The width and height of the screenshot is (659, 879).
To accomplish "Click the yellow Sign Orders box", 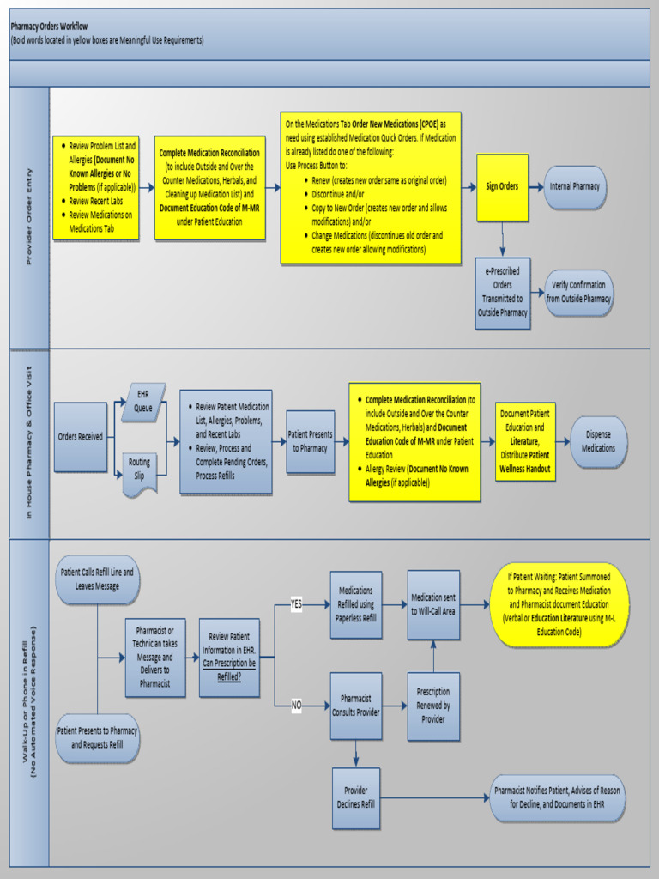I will tap(502, 187).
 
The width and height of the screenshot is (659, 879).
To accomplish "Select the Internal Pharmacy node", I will tap(574, 187).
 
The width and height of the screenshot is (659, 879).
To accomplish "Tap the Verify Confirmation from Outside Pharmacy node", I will tap(579, 293).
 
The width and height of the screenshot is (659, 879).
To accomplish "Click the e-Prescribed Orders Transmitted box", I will tap(503, 293).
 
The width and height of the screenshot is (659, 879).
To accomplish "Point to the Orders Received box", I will tap(81, 437).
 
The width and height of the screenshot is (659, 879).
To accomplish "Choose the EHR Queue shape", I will tap(143, 402).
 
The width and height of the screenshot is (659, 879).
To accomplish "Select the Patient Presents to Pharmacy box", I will tap(310, 441).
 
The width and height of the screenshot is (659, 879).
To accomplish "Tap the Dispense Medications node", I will tap(598, 442).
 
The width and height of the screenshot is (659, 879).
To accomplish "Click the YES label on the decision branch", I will tap(297, 604).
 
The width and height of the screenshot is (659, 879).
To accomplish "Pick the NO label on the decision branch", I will tap(297, 706).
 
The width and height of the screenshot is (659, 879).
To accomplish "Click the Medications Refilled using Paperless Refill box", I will tap(356, 603).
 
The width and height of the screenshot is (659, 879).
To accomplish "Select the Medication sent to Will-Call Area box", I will tap(433, 604).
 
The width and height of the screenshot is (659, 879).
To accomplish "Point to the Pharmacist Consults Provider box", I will tap(356, 706).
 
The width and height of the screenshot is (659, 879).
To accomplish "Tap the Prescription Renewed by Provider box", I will tap(433, 706).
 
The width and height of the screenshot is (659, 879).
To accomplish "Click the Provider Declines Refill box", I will tap(356, 797).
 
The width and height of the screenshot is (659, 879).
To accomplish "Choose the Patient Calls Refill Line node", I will tap(97, 579).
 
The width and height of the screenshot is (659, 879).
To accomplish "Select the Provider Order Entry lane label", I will tap(29, 216).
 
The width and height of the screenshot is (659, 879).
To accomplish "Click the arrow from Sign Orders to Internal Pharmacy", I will tap(536, 187).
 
